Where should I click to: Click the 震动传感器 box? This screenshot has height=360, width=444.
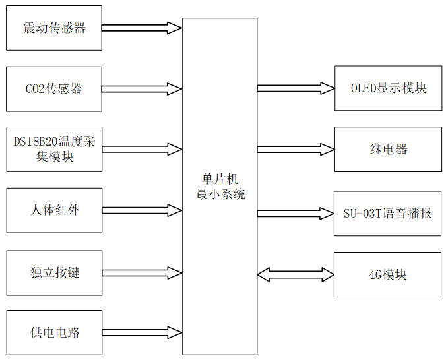[x=54, y=28]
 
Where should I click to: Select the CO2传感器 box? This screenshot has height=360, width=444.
[x=54, y=88]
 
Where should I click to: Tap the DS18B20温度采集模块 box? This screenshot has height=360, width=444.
[x=54, y=149]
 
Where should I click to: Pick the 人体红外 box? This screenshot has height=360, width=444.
[x=54, y=210]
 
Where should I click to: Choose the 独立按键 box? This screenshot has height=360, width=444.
[x=54, y=272]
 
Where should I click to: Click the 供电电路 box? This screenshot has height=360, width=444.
[x=54, y=332]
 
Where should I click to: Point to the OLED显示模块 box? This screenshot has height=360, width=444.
[x=388, y=88]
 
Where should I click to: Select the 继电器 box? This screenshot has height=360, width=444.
[x=388, y=149]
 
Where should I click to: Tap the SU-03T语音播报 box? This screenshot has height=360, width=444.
[x=388, y=212]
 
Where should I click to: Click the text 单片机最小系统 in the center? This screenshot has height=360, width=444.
[x=220, y=187]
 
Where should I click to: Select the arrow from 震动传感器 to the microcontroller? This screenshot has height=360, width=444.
[x=142, y=28]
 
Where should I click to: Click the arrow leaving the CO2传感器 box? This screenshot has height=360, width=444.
[x=142, y=88]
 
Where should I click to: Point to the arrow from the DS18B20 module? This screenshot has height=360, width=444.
[x=142, y=149]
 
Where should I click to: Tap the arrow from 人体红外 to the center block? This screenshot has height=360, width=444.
[x=142, y=210]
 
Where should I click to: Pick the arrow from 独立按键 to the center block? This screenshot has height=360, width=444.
[x=142, y=272]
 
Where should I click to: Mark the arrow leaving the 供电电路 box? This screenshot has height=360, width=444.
[x=142, y=332]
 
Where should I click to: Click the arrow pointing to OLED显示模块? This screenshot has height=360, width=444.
[x=296, y=88]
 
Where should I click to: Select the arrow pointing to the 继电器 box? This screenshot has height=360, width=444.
[x=296, y=149]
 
